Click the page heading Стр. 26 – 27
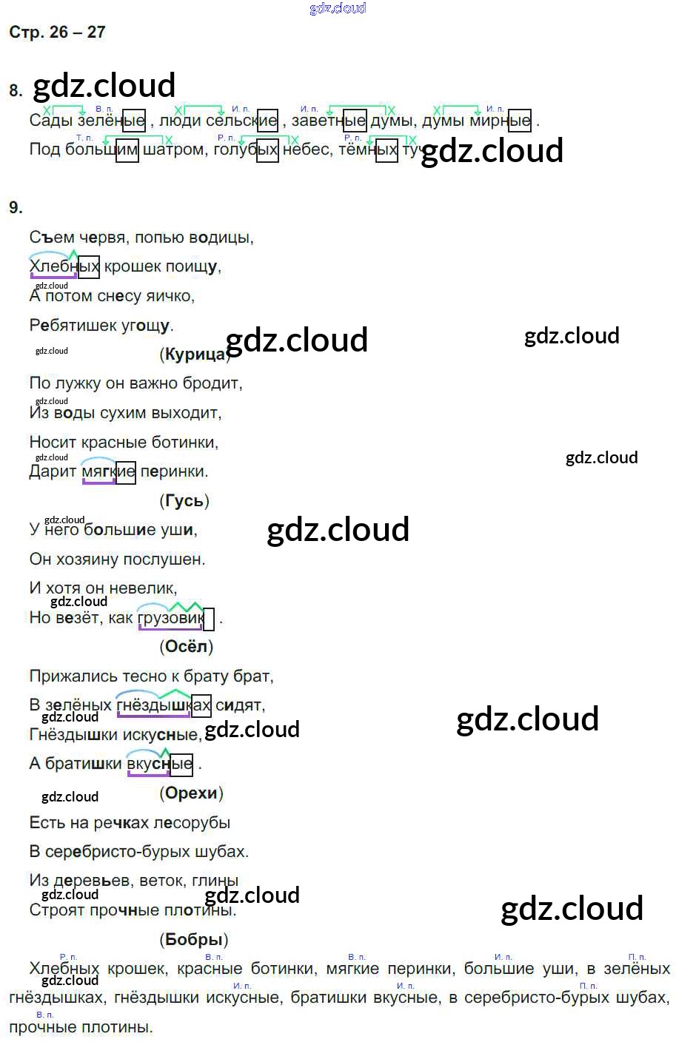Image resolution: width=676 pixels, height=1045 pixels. pos(57,32)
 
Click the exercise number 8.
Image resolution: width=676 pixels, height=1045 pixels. pos(16,91)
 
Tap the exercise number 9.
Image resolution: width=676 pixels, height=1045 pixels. pos(16,207)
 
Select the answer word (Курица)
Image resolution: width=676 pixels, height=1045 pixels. pos(195,354)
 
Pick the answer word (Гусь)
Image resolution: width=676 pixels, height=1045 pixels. pos(184,501)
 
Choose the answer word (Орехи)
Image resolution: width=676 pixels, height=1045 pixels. pos(191,793)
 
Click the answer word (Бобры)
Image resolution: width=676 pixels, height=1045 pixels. pos(193,940)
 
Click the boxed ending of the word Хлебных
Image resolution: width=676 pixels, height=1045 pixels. pos(89,266)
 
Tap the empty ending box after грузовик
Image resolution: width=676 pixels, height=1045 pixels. pos(209,619)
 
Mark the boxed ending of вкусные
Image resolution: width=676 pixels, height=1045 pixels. pos(181,764)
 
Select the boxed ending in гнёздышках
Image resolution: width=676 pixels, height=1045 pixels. pos(201,705)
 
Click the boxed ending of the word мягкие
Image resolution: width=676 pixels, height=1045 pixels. pos(126,472)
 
